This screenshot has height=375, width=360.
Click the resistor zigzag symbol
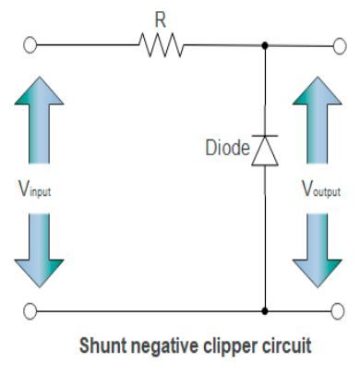(x=162, y=43)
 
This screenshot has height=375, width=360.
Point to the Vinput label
(x=37, y=191)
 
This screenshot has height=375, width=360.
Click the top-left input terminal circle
(x=30, y=43)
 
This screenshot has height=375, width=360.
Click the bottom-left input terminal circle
(x=30, y=310)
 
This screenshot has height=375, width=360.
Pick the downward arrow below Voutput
(x=317, y=249)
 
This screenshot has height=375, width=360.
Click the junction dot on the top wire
(x=265, y=43)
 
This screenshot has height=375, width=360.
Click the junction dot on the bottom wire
(x=265, y=310)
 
